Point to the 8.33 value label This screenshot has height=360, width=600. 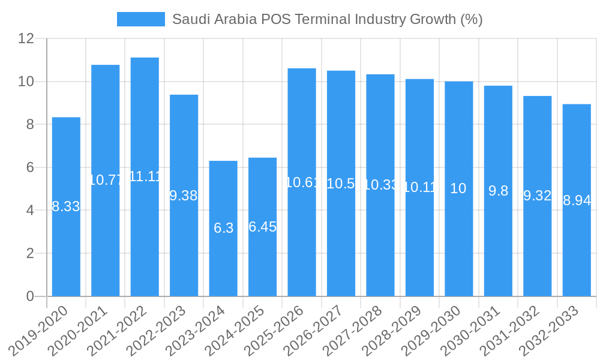[x=66, y=206]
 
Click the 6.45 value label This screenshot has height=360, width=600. [x=262, y=227]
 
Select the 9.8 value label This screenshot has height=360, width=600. [x=498, y=191]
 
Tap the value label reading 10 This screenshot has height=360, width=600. [x=458, y=188]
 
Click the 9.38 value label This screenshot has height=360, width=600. [x=184, y=196]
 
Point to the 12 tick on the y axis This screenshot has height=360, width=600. [x=26, y=38]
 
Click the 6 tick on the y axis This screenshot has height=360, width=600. [x=30, y=167]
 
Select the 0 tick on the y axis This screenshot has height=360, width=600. [x=30, y=296]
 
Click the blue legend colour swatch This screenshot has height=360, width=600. [x=140, y=19]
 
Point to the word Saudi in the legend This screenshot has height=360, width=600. [x=189, y=19]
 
